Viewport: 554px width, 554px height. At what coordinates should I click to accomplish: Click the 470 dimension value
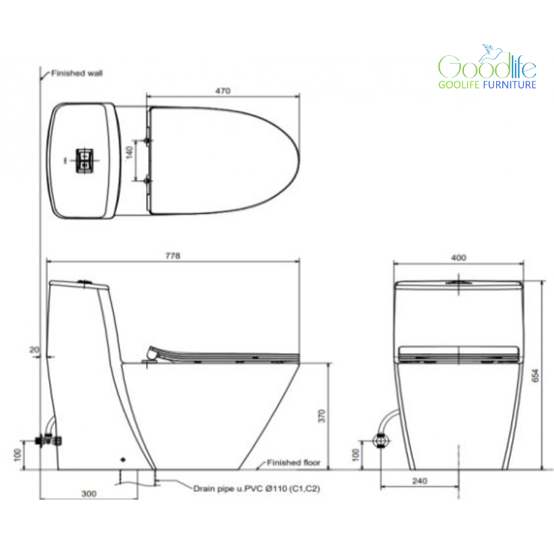223,91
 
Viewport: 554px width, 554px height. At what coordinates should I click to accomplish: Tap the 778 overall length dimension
173,256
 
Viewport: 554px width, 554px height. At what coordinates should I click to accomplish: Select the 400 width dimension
458,258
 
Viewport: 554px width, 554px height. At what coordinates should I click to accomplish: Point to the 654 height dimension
535,375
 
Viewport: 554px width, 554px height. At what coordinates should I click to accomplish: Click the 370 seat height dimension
322,416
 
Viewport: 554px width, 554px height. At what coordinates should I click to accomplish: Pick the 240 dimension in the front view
420,481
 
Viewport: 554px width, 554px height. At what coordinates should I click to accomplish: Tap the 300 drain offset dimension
89,494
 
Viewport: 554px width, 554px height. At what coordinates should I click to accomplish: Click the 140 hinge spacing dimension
129,152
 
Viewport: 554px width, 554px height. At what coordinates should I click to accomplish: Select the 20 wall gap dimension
34,350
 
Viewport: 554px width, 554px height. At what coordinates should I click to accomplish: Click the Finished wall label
77,73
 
